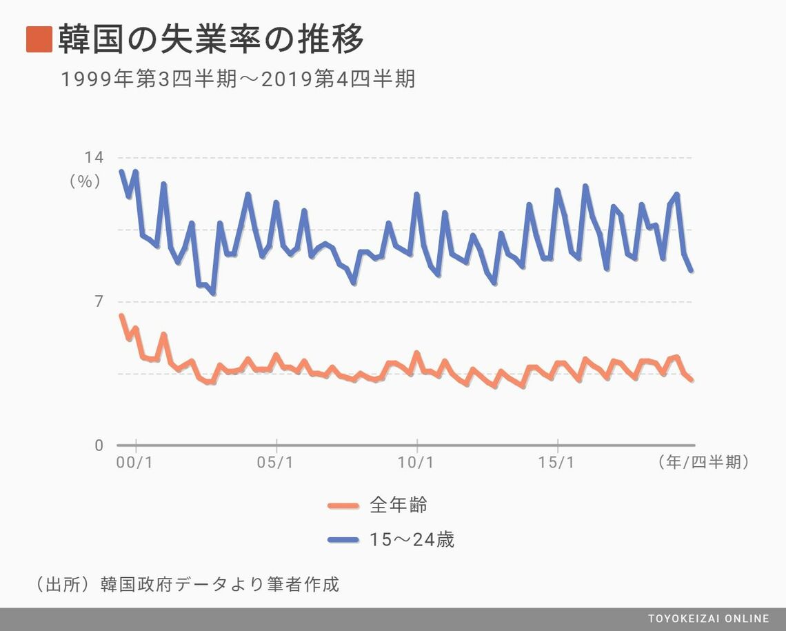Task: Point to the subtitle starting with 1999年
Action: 238,80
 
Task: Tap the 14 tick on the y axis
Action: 94,158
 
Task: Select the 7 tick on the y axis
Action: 99,302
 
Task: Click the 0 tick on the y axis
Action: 99,446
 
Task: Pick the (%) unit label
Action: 85,181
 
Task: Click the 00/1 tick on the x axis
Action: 136,463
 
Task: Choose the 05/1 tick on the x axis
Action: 276,463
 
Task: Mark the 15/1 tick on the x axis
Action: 557,463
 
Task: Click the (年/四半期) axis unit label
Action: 703,463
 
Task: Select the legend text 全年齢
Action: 399,505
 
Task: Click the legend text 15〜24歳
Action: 412,539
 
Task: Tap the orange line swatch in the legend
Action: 343,506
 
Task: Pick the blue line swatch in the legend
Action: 343,540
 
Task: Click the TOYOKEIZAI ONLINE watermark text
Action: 708,619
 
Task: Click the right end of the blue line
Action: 691,270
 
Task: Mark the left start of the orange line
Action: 121,316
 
